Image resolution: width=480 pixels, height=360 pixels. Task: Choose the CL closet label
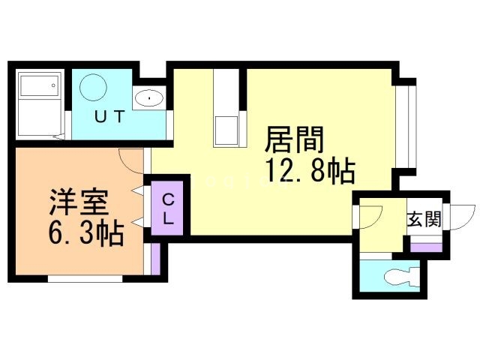[169, 210]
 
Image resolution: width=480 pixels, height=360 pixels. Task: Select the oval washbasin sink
[150, 98]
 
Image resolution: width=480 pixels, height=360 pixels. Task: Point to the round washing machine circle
[94, 88]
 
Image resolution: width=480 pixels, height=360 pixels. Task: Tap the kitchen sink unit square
[226, 130]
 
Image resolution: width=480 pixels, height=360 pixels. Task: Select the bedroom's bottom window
[85, 278]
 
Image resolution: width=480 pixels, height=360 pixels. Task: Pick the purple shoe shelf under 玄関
[425, 246]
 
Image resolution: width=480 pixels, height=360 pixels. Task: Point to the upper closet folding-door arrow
[137, 191]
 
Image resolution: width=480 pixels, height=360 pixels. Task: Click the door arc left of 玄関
[370, 214]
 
